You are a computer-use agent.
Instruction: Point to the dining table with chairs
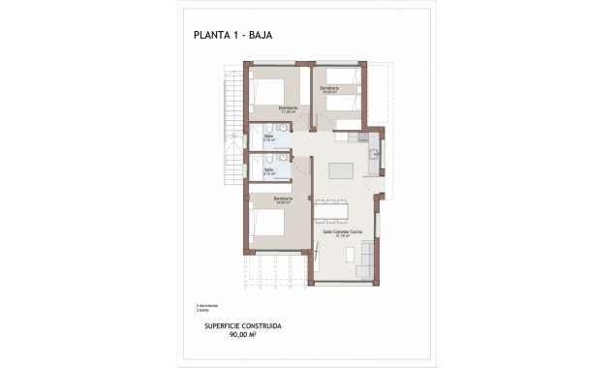click(x=331, y=208)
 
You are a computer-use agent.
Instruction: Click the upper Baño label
click(x=268, y=138)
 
